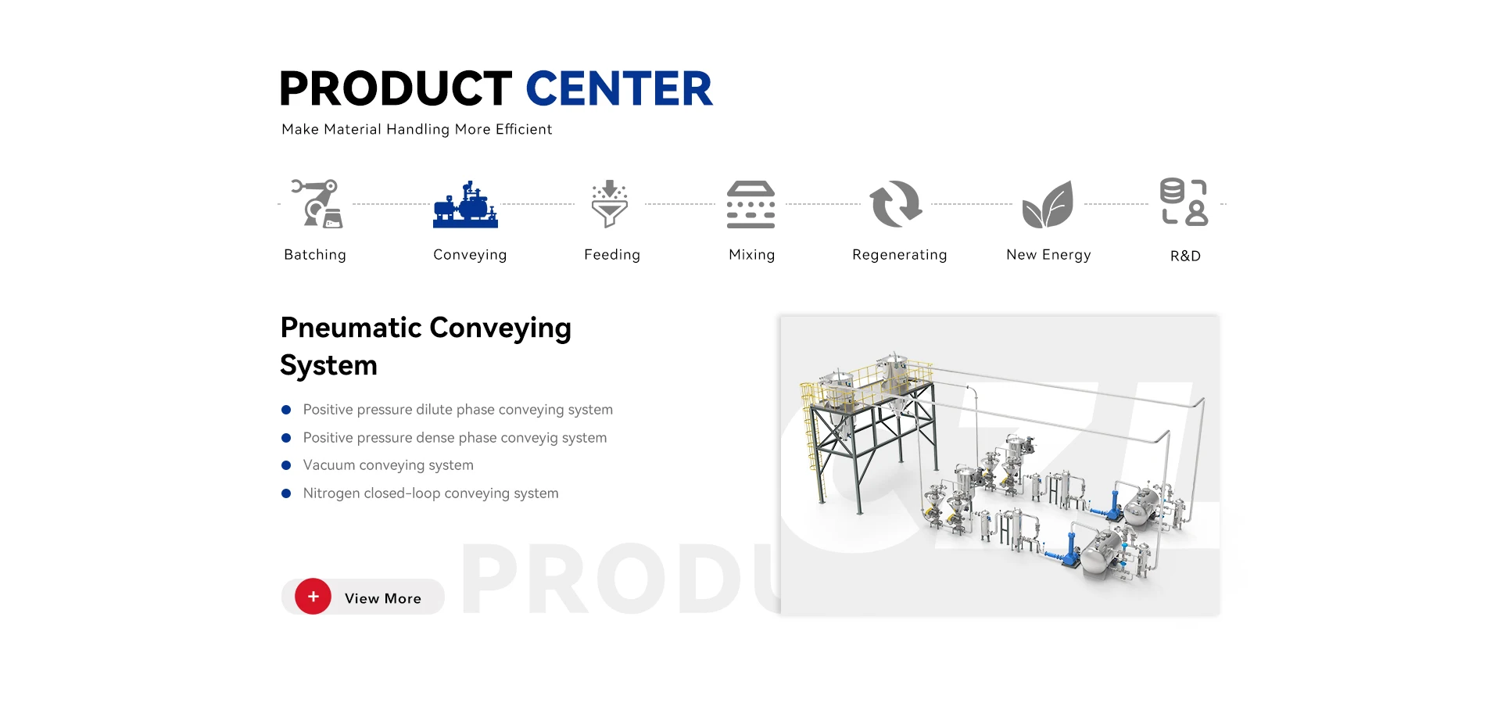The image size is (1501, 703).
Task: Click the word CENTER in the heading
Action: tap(619, 88)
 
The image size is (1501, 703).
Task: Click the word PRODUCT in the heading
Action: tap(396, 88)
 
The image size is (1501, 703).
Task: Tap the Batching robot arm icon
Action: tap(317, 203)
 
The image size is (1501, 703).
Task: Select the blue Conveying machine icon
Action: tap(466, 204)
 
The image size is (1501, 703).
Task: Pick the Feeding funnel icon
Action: tap(610, 204)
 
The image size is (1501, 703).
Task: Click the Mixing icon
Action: tap(750, 204)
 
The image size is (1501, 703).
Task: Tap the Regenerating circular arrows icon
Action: tap(897, 204)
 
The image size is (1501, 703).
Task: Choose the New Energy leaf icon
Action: tap(1048, 204)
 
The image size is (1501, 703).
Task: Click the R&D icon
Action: tap(1184, 202)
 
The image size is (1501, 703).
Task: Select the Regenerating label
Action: tap(900, 255)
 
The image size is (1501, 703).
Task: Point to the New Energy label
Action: tap(1048, 255)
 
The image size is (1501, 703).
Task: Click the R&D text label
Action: tap(1185, 256)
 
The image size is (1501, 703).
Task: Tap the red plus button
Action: tap(313, 597)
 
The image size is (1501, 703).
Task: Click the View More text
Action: tap(383, 598)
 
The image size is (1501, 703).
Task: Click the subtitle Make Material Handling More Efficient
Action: tap(417, 129)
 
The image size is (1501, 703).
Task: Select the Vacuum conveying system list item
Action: tap(389, 465)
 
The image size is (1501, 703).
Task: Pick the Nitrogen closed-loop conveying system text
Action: tap(431, 493)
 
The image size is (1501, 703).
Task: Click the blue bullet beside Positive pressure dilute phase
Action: tap(286, 410)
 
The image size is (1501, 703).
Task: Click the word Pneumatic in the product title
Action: tap(351, 328)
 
